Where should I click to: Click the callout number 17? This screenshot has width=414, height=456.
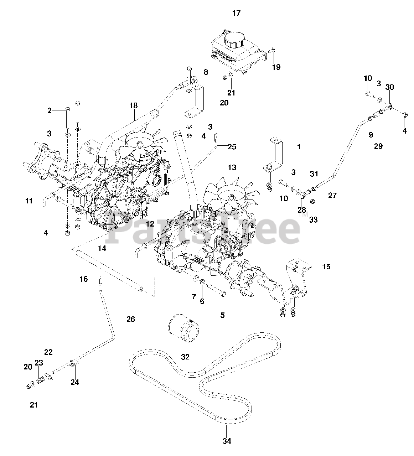237,13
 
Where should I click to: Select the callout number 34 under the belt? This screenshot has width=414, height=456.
227,441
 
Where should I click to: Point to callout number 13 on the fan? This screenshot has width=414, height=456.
232,167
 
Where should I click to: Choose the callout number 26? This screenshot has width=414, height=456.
131,319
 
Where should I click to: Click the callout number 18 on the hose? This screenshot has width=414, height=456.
133,105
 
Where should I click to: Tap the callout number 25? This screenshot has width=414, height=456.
232,146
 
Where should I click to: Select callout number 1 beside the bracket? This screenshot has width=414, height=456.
299,146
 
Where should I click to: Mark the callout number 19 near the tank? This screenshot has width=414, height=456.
276,67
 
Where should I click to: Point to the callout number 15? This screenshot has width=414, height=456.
326,266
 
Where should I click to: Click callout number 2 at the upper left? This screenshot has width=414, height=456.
50,111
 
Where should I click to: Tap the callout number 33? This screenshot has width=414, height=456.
313,219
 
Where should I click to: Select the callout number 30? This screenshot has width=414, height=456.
390,87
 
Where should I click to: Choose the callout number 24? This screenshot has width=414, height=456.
74,382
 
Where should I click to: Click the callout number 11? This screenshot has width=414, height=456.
29,201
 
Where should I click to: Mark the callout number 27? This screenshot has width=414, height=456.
332,195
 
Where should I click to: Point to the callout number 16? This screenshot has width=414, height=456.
83,279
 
